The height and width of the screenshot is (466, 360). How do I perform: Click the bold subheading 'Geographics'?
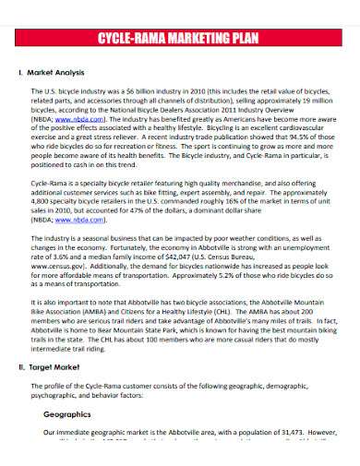(x=71, y=415)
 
